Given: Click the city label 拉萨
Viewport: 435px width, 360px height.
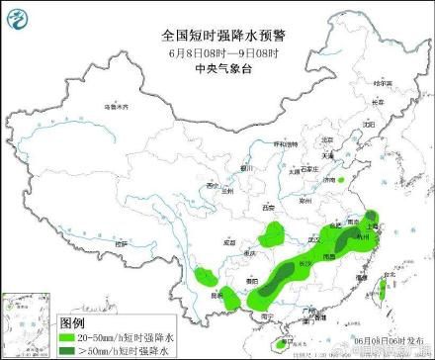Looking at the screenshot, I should [120, 241].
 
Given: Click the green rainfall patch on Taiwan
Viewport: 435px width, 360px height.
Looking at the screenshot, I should [382, 290].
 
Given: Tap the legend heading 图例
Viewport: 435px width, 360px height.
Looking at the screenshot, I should [72, 323].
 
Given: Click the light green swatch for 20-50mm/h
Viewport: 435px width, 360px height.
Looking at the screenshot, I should [71, 336].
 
